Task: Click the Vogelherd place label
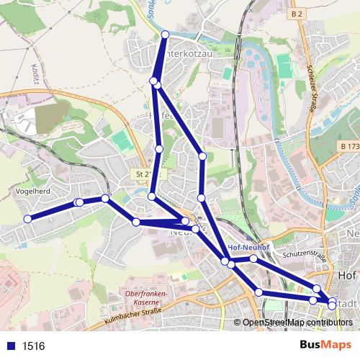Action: click(31, 192)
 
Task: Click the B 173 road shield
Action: click(349, 147)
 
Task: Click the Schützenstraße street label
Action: click(305, 254)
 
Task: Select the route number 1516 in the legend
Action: click(33, 346)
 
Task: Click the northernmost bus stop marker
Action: click(166, 35)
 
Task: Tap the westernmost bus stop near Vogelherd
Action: click(28, 219)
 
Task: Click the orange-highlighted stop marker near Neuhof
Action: click(185, 221)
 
